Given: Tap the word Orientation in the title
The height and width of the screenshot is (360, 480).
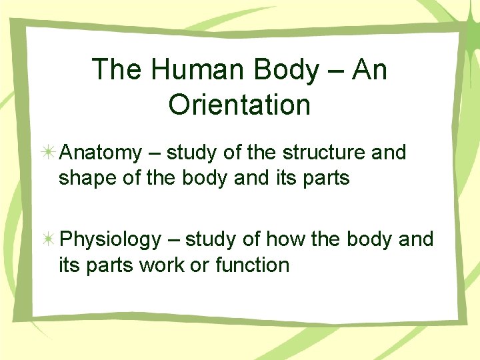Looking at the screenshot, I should [x=239, y=105].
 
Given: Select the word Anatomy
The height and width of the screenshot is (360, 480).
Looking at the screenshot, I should [x=101, y=153].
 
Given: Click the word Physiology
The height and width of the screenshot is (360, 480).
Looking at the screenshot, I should [x=111, y=239].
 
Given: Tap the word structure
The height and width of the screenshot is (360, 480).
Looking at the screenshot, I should [x=323, y=153].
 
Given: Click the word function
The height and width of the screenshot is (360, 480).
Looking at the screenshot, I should [x=253, y=265].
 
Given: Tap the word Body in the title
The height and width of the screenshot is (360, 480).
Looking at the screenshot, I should [x=282, y=70].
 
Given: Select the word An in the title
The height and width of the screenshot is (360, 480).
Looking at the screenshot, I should [x=371, y=70].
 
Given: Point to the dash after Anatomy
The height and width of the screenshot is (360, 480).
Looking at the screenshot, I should [x=154, y=154].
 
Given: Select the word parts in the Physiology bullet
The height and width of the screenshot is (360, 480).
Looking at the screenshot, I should [x=107, y=266].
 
